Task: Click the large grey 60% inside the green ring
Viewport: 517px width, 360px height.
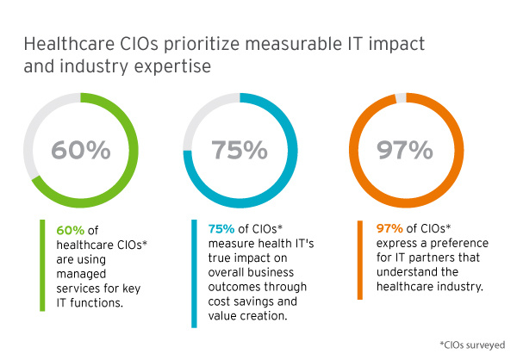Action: [x=80, y=151]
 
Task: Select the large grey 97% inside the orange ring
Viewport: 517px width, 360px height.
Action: [x=403, y=151]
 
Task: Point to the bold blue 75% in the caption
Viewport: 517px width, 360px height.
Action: [x=221, y=230]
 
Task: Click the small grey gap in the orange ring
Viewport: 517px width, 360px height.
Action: [x=400, y=96]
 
